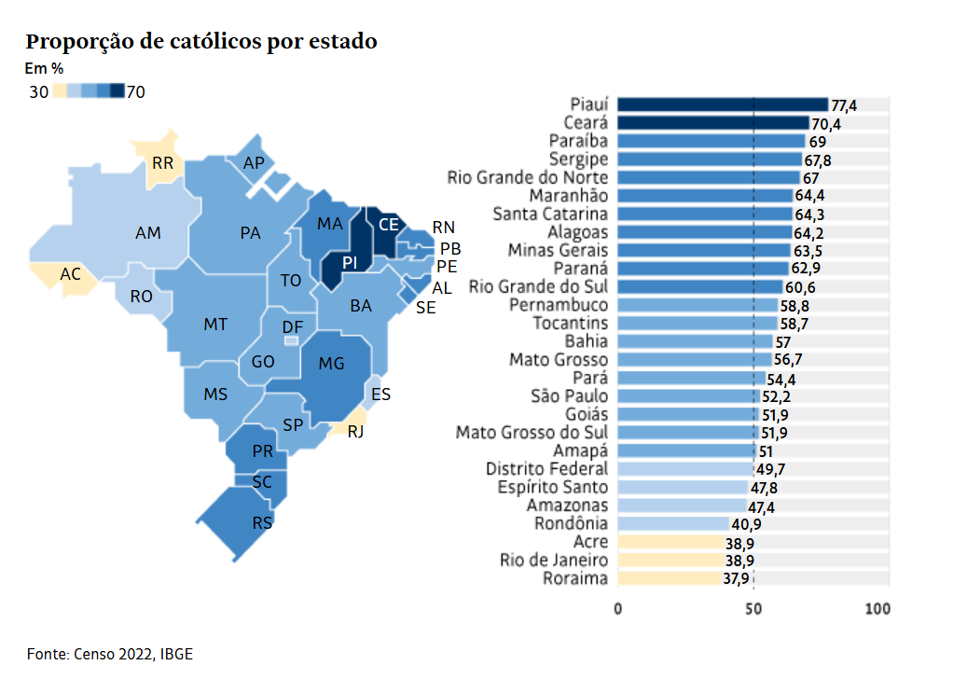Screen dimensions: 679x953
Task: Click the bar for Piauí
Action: [x=723, y=104]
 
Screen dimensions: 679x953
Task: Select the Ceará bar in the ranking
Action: [x=713, y=123]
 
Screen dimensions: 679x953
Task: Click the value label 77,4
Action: [x=844, y=105]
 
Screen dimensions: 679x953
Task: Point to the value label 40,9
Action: [x=745, y=524]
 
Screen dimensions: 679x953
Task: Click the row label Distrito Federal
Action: [x=546, y=469]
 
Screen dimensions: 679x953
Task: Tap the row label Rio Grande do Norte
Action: [x=528, y=178]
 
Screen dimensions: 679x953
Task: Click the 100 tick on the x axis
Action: [x=877, y=609]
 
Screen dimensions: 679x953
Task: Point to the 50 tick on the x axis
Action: [x=753, y=609]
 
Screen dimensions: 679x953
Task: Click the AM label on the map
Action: [x=148, y=233]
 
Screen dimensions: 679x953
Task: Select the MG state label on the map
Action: [x=332, y=364]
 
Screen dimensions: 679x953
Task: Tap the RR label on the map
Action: [x=162, y=163]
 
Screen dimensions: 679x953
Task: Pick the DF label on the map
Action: [x=292, y=327]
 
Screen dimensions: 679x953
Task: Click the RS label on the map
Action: [x=262, y=522]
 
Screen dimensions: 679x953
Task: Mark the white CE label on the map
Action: [x=388, y=225]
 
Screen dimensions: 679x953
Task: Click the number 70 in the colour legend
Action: [x=135, y=91]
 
